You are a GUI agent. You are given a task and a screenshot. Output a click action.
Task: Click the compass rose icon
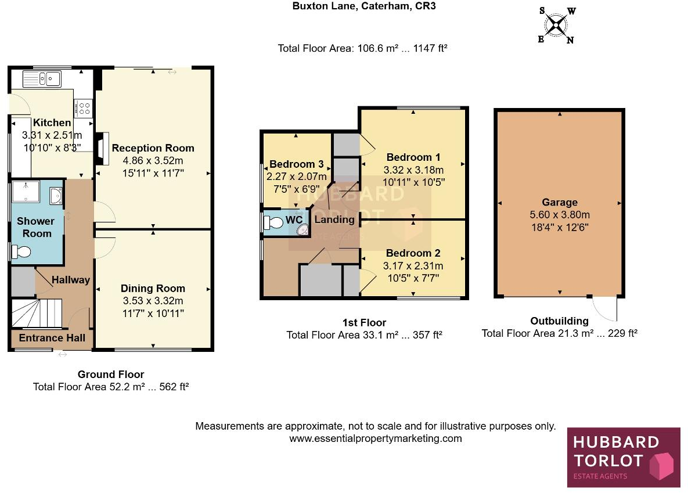pos(556,25)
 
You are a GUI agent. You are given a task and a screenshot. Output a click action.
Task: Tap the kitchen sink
pos(42,78)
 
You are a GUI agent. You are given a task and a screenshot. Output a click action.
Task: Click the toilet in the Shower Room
pos(21,252)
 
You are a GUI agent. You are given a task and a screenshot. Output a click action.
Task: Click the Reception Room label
pos(153,148)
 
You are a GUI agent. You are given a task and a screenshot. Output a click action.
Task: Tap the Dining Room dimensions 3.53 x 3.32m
pos(153,301)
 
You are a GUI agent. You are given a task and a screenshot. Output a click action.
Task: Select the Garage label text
pos(560,203)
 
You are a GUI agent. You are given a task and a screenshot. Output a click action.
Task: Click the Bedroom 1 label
pos(413,157)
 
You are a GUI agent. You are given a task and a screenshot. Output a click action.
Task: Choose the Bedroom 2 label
pos(413,253)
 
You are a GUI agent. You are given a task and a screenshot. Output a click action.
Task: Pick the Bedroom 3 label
pos(296,164)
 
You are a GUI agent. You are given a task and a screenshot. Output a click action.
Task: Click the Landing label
pos(334,219)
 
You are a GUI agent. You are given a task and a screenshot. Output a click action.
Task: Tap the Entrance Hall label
pos(52,338)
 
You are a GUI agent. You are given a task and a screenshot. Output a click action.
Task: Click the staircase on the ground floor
pos(36,314)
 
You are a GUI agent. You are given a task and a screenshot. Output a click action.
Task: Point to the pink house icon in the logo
pos(660,466)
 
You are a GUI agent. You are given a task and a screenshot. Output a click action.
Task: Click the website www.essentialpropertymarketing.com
pos(376,438)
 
